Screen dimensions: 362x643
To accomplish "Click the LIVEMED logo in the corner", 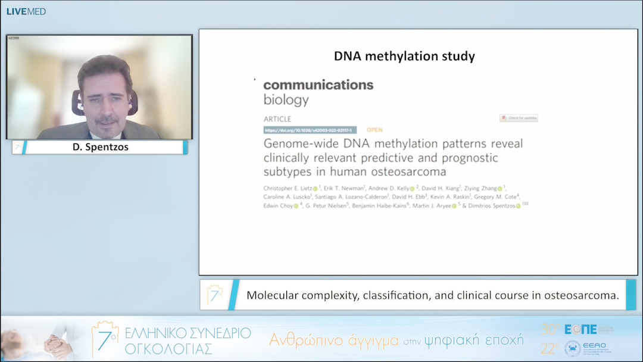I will coord(26,11).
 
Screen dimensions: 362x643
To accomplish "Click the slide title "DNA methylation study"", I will coord(404,57).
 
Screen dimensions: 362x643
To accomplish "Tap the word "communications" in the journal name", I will coord(319,85).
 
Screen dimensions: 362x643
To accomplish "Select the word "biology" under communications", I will coord(286,100).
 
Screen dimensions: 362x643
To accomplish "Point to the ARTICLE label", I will coord(277,118).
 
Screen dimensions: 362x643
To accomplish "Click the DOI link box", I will coord(310,130).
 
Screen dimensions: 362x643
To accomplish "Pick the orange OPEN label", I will coord(374,130).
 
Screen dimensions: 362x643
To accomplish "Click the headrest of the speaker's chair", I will coord(133,101).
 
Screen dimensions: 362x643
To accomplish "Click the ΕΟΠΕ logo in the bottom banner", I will coord(580,329).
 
